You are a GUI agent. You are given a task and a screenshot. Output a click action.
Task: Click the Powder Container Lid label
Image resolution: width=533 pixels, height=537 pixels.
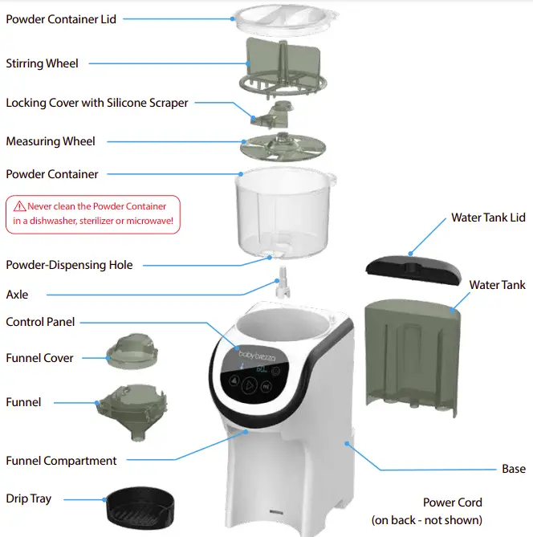61,18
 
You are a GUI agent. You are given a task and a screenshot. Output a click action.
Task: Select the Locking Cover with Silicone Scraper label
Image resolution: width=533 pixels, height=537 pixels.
97,103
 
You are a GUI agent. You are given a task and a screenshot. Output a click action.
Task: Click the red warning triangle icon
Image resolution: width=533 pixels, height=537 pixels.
19,205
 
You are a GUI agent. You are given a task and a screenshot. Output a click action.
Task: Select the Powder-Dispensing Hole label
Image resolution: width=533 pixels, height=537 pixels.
69,265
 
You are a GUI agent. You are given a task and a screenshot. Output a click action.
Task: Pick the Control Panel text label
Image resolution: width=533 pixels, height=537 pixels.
40,322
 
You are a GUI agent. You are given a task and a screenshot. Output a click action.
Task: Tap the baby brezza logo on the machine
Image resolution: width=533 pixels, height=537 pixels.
258,352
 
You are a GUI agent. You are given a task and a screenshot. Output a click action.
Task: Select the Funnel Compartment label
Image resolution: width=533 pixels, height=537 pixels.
61,461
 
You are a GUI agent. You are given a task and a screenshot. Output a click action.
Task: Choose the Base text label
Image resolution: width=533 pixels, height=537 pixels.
514,469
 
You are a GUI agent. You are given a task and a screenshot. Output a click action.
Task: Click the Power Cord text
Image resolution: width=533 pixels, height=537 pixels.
453,502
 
